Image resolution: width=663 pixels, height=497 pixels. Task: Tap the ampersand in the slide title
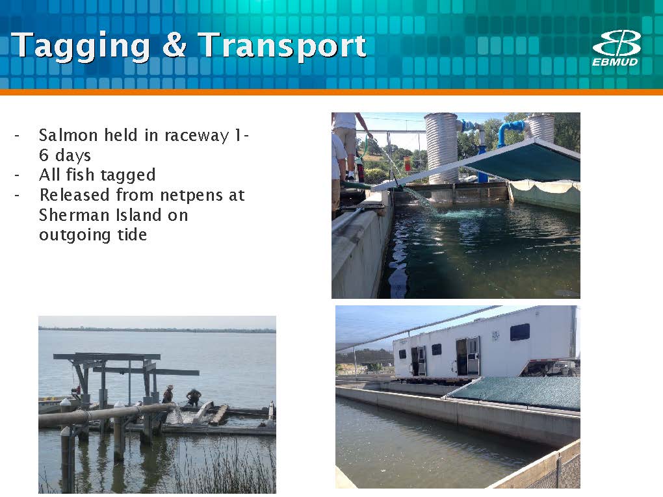pyautogui.click(x=174, y=44)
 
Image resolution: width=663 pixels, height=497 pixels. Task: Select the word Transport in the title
pyautogui.click(x=282, y=45)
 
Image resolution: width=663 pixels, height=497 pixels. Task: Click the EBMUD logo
pyautogui.click(x=616, y=48)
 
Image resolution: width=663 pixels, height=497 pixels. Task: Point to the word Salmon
pyautogui.click(x=68, y=135)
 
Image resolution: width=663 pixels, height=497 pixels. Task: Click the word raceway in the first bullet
pyautogui.click(x=196, y=136)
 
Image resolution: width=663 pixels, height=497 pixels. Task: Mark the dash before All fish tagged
pyautogui.click(x=17, y=175)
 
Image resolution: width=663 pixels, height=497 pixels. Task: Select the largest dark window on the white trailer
pyautogui.click(x=519, y=332)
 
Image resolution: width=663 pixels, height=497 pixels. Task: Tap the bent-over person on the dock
pyautogui.click(x=194, y=397)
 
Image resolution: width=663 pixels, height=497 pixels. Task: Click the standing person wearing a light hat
pyautogui.click(x=168, y=394)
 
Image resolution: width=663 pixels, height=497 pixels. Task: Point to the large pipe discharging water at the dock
pyautogui.click(x=106, y=414)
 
